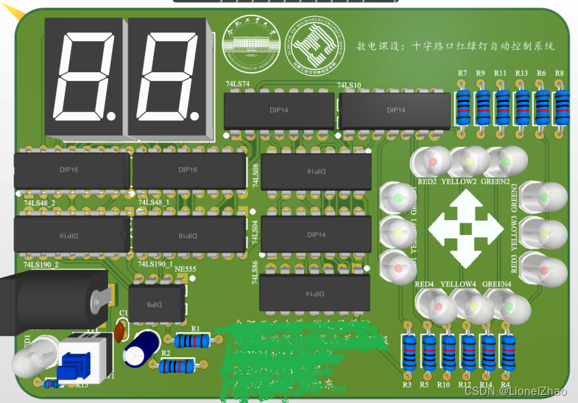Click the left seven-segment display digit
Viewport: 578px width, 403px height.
[x=85, y=77]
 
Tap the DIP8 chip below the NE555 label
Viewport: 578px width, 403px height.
[x=156, y=303]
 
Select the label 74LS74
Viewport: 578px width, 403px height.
[x=236, y=85]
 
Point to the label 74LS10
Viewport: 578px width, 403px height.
[x=349, y=85]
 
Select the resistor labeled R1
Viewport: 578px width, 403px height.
[x=194, y=340]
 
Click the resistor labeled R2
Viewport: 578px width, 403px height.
[x=179, y=365]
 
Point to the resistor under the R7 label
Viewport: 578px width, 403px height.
[x=462, y=108]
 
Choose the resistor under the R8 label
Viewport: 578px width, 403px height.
[x=561, y=108]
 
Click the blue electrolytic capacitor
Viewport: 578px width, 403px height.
[x=141, y=347]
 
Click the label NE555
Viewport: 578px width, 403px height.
[x=185, y=270]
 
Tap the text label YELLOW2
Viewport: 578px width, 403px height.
[x=459, y=181]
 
